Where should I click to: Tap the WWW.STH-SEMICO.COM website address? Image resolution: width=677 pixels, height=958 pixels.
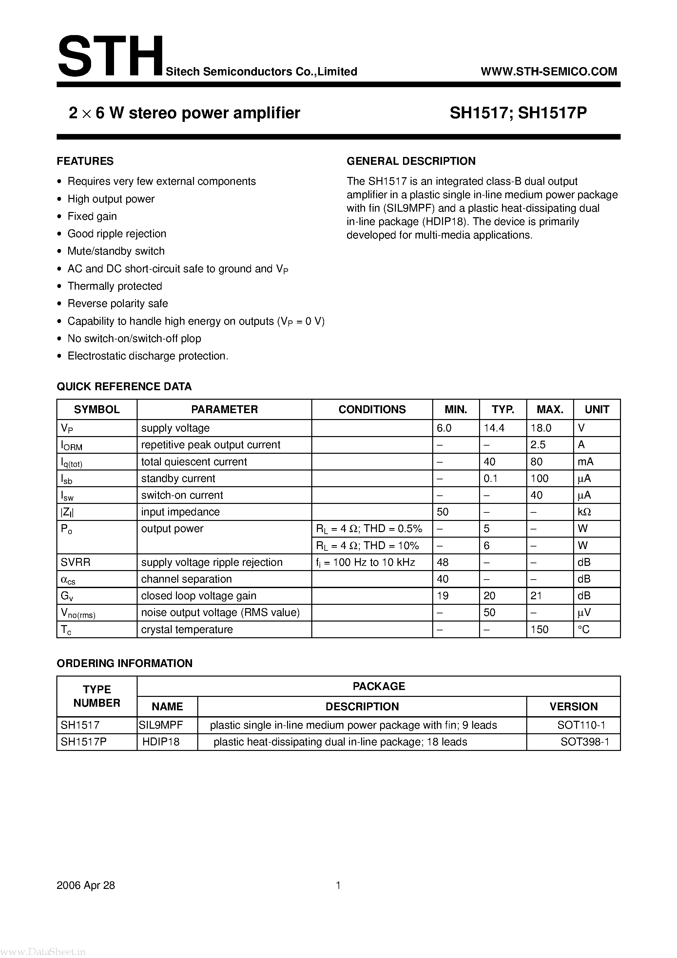click(x=549, y=71)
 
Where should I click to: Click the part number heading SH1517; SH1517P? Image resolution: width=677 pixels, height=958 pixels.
click(x=518, y=113)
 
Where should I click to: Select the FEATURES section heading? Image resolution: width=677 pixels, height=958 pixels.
click(x=85, y=161)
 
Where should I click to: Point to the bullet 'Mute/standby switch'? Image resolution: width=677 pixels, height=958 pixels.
click(x=116, y=251)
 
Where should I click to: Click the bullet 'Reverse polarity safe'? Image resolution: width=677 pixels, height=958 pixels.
click(x=117, y=303)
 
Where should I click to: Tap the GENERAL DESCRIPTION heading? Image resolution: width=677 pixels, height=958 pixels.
click(x=411, y=161)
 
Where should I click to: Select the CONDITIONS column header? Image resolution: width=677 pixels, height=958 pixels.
click(x=372, y=409)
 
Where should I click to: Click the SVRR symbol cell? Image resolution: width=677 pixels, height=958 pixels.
click(x=76, y=562)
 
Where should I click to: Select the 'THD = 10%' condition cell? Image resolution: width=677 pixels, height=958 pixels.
click(x=367, y=545)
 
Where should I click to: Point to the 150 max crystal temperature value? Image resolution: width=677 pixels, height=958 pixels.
click(x=539, y=629)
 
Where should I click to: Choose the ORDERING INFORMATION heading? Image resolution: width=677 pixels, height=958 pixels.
click(x=125, y=663)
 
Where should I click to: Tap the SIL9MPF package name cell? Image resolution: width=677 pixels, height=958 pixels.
click(x=161, y=725)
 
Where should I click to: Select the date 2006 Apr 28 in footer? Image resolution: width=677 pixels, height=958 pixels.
click(x=86, y=885)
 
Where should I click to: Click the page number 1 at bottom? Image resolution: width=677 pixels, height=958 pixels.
click(x=338, y=885)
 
